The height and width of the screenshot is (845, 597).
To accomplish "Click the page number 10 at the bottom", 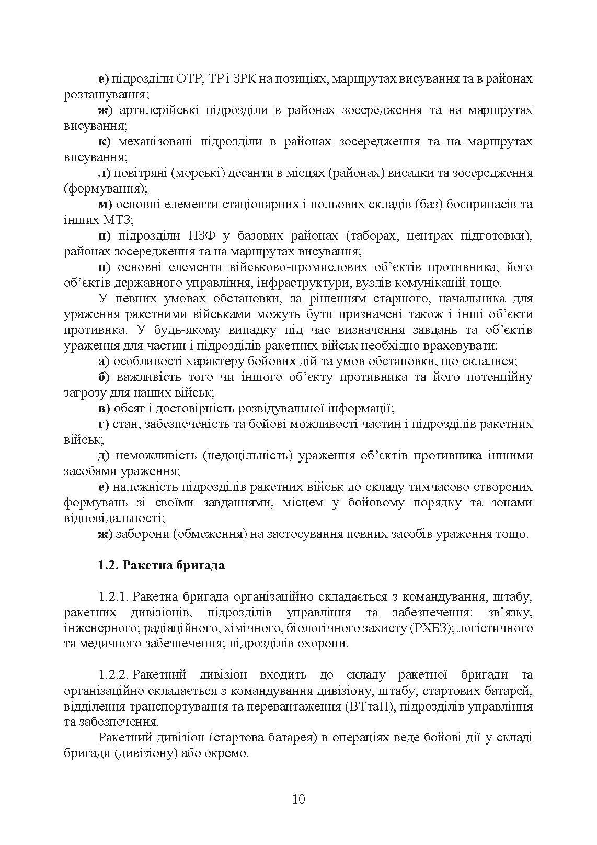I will [x=298, y=799].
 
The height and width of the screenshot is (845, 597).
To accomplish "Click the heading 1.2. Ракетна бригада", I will [x=162, y=565].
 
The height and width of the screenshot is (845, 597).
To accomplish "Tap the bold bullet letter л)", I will [x=104, y=173].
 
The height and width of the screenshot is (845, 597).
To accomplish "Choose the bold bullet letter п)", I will [x=105, y=267].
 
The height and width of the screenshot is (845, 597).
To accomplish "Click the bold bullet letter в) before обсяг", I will [x=104, y=408].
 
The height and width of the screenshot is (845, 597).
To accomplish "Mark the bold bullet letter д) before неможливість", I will [x=104, y=455].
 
